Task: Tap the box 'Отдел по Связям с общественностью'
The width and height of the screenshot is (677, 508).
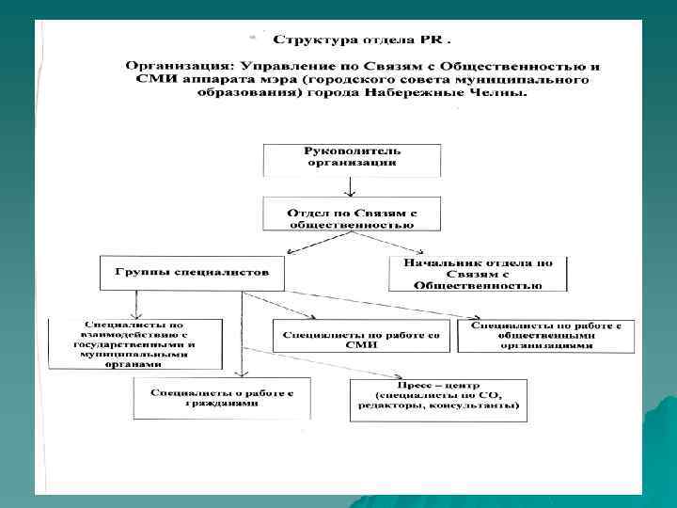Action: (352, 214)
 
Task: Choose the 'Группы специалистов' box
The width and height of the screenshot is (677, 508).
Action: (192, 273)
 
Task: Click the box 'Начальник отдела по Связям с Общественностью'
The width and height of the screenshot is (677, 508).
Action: (478, 273)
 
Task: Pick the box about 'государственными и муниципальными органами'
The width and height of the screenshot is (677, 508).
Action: (135, 344)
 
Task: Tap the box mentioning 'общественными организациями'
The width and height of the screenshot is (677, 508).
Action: (545, 336)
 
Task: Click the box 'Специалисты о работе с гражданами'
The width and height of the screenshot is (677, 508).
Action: (222, 397)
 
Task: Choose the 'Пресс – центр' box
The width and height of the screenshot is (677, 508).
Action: (437, 400)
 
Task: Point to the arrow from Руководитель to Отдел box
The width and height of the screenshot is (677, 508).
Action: (352, 186)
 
